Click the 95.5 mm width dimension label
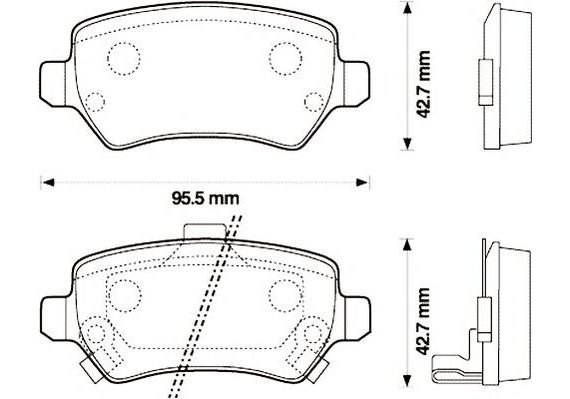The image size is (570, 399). [205, 199]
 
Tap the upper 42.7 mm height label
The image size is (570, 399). [423, 84]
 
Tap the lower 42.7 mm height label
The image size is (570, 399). [423, 321]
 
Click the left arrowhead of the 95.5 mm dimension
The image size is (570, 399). [47, 182]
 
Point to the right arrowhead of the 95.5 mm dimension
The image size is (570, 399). [362, 182]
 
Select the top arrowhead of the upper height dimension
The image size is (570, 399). [407, 8]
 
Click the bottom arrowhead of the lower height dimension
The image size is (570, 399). [407, 381]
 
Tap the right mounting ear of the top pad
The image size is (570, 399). [356, 84]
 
